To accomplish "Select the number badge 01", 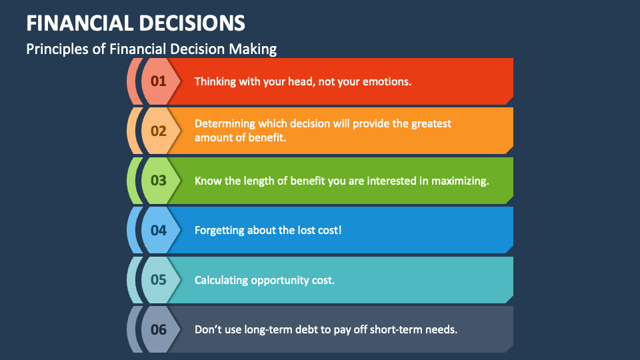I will pos(158,81).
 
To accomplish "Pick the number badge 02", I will pos(158,131).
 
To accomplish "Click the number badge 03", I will pos(158,180).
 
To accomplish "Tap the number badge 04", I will pos(158,230).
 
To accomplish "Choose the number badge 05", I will pos(158,279).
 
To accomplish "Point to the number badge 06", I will pos(158,329).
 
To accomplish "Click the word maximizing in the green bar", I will pos(461,180).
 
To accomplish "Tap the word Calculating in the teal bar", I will pos(221,280).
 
